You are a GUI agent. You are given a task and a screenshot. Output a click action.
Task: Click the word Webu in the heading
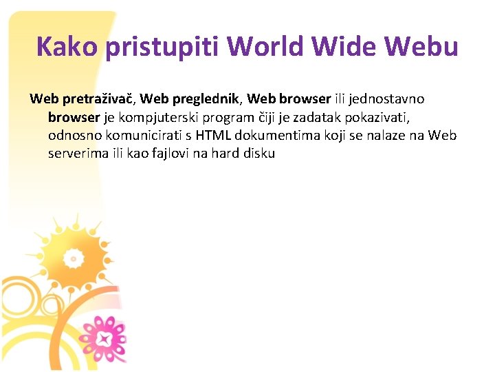pos(420,47)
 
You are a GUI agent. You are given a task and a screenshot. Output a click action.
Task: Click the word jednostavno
pos(387,99)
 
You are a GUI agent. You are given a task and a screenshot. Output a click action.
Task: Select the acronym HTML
pos(213,135)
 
